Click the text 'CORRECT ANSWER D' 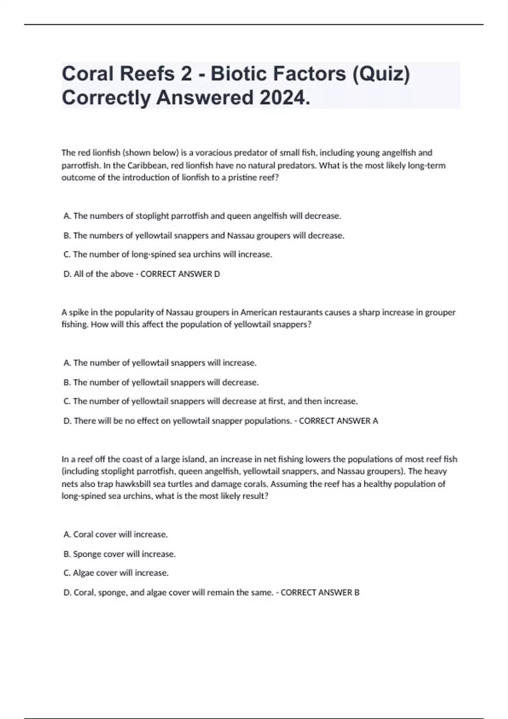[x=180, y=274]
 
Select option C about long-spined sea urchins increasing [x=168, y=255]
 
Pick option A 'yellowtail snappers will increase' [x=160, y=363]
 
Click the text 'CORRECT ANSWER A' [x=338, y=421]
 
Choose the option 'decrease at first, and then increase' [x=210, y=401]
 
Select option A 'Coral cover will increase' [x=116, y=535]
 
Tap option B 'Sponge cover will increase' [x=119, y=554]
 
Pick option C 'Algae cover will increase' [x=116, y=573]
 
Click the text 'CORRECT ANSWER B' [x=320, y=593]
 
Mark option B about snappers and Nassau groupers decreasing [x=204, y=236]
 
